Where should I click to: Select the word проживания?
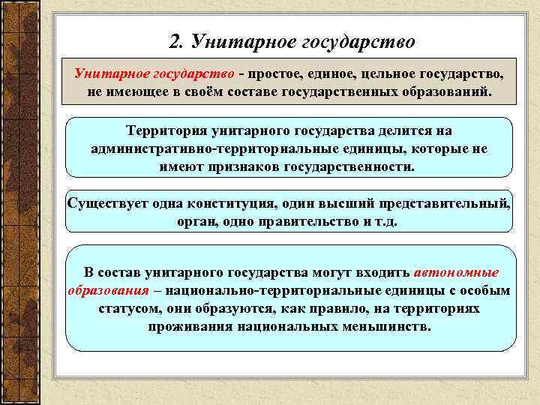pos(192,327)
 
